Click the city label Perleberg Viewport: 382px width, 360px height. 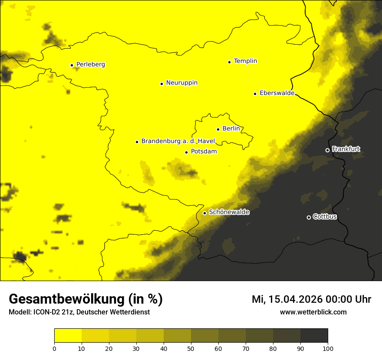click(x=90, y=65)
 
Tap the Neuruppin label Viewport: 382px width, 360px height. click(x=181, y=83)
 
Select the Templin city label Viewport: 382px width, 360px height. click(x=245, y=61)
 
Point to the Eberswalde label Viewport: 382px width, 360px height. click(x=277, y=93)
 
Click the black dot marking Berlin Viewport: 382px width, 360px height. click(x=218, y=129)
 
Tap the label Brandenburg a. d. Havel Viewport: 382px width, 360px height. click(x=178, y=141)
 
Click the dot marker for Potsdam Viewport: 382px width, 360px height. click(x=186, y=152)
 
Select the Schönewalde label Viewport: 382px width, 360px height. click(x=229, y=212)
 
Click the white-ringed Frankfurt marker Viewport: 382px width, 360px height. click(x=327, y=150)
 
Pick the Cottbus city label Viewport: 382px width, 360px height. click(x=325, y=217)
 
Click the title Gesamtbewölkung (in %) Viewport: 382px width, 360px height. click(x=86, y=299)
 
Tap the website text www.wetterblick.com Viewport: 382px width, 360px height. click(x=313, y=312)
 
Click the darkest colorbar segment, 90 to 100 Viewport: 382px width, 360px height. click(x=314, y=336)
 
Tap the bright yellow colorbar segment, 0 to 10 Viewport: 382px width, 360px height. click(x=68, y=336)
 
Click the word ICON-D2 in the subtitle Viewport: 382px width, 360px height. click(x=45, y=312)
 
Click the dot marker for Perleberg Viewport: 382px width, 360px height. click(x=72, y=65)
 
